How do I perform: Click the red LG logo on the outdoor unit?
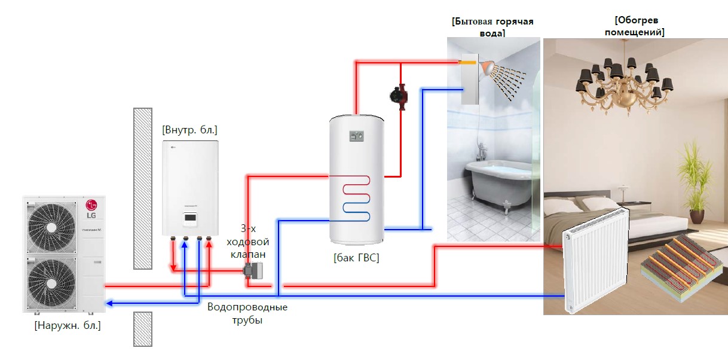tap(91, 205)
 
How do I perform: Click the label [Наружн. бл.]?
tap(68, 326)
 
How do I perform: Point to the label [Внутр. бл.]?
tap(189, 129)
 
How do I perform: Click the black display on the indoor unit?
tap(190, 219)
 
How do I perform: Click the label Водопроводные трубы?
tap(247, 313)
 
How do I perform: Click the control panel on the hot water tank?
tap(356, 136)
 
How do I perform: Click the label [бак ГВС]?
tap(356, 258)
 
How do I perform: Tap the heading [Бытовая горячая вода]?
tap(493, 27)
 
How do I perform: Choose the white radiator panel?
tap(595, 261)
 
